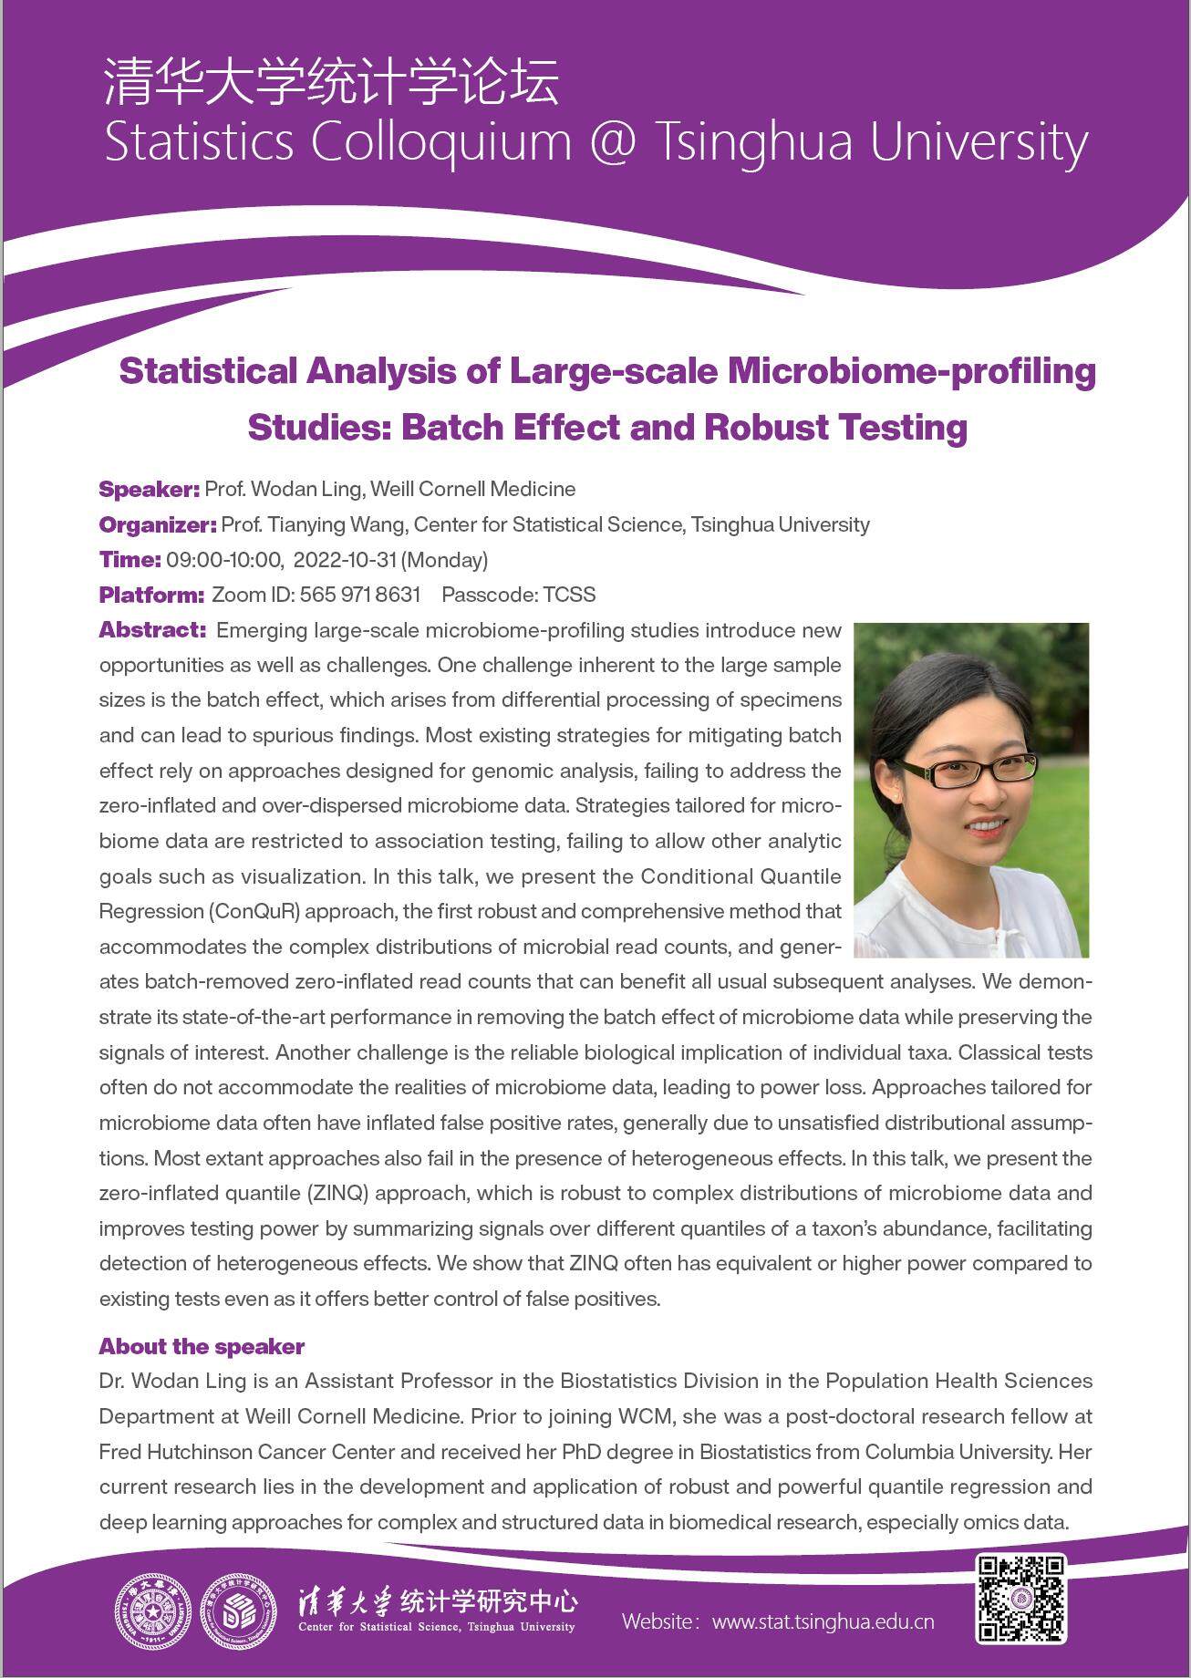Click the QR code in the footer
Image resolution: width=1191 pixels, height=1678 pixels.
(1021, 1598)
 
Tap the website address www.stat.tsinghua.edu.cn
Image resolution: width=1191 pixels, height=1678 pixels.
(823, 1621)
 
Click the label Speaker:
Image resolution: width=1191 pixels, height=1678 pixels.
(149, 489)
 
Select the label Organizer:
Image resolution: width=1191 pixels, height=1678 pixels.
(157, 524)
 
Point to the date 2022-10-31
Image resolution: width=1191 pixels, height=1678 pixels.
(346, 559)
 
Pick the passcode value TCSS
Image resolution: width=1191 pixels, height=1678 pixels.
(569, 595)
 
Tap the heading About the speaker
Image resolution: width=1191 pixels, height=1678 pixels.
(202, 1346)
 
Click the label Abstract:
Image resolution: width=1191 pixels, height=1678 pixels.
(152, 630)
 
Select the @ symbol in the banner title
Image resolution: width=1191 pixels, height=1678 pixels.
(613, 142)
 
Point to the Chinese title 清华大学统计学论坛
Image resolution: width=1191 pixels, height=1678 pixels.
(331, 82)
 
